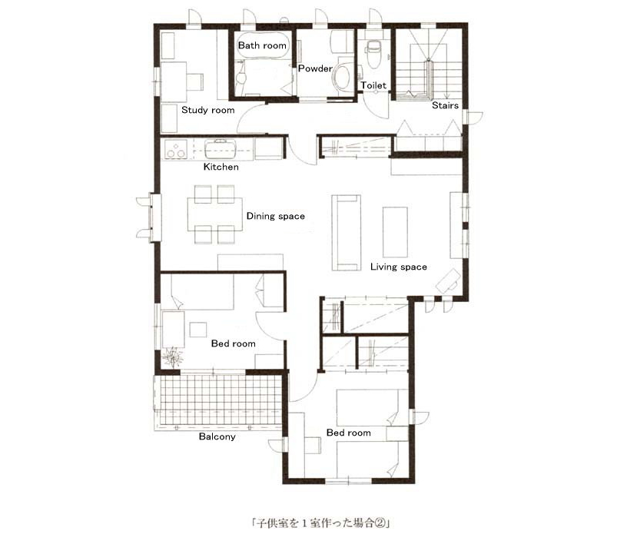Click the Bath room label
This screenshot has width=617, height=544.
(262, 45)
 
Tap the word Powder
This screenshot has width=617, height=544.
(315, 68)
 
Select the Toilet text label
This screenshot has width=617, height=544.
(373, 85)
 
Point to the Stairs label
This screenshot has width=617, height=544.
(445, 105)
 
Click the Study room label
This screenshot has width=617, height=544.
(207, 110)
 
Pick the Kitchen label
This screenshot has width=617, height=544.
(221, 167)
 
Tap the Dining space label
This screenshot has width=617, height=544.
(275, 216)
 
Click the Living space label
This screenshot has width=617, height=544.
(399, 267)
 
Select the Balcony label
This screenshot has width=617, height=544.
(217, 436)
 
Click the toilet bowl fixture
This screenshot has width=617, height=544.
(372, 53)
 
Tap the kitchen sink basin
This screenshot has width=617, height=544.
(221, 149)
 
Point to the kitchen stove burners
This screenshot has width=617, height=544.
(175, 150)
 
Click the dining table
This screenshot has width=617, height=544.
(215, 214)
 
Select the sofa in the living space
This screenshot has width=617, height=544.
(347, 233)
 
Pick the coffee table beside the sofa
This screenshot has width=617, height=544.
(395, 232)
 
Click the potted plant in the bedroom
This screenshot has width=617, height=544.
(173, 358)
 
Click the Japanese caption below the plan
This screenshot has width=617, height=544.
(320, 523)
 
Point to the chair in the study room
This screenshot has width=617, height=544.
(194, 81)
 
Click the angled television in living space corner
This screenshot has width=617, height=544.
(449, 280)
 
